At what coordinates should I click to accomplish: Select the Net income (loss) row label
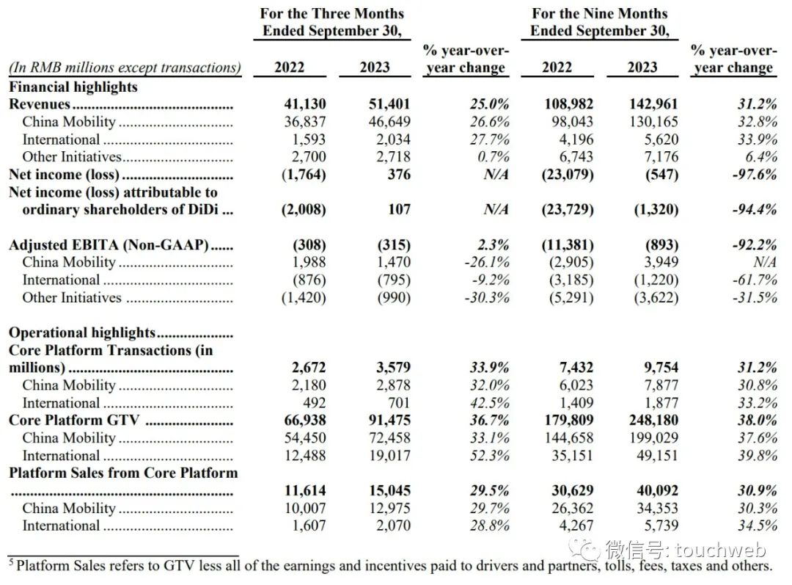pos(64,175)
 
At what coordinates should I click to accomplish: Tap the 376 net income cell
pos(398,175)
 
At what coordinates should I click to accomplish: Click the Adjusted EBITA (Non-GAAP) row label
pos(109,245)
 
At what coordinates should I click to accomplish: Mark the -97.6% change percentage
pos(755,175)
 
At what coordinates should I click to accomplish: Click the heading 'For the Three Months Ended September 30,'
pos(332,22)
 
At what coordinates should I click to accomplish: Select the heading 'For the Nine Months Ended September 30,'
pos(600,22)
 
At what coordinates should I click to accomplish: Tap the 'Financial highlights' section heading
pos(73,87)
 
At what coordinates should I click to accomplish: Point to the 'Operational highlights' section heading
pos(82,333)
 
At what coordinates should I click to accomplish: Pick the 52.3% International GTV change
pos(488,455)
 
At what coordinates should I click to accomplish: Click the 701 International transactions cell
pos(398,402)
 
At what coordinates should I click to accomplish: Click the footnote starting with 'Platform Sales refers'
pos(392,566)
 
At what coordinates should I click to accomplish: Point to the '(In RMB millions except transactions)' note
pos(125,68)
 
